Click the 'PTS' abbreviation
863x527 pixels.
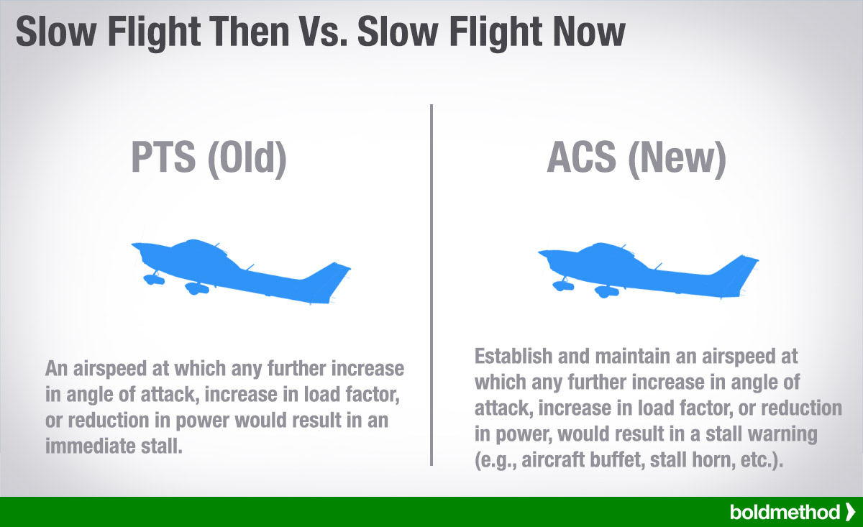pyautogui.click(x=163, y=157)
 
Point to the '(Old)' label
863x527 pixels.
pyautogui.click(x=247, y=158)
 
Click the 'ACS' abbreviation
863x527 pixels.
pyautogui.click(x=581, y=157)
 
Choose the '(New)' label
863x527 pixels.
pyautogui.click(x=677, y=158)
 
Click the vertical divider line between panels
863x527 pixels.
pyautogui.click(x=431, y=285)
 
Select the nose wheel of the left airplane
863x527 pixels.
pyautogui.click(x=154, y=279)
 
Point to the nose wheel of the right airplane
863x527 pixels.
pyautogui.click(x=562, y=285)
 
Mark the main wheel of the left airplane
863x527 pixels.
pyautogui.click(x=197, y=288)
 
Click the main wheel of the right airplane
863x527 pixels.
pyautogui.click(x=606, y=291)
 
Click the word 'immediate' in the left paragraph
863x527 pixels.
pyautogui.click(x=90, y=446)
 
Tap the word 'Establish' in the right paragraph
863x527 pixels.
pyautogui.click(x=513, y=356)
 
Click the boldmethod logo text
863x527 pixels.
pyautogui.click(x=785, y=512)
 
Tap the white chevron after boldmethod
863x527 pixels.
pyautogui.click(x=850, y=512)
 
